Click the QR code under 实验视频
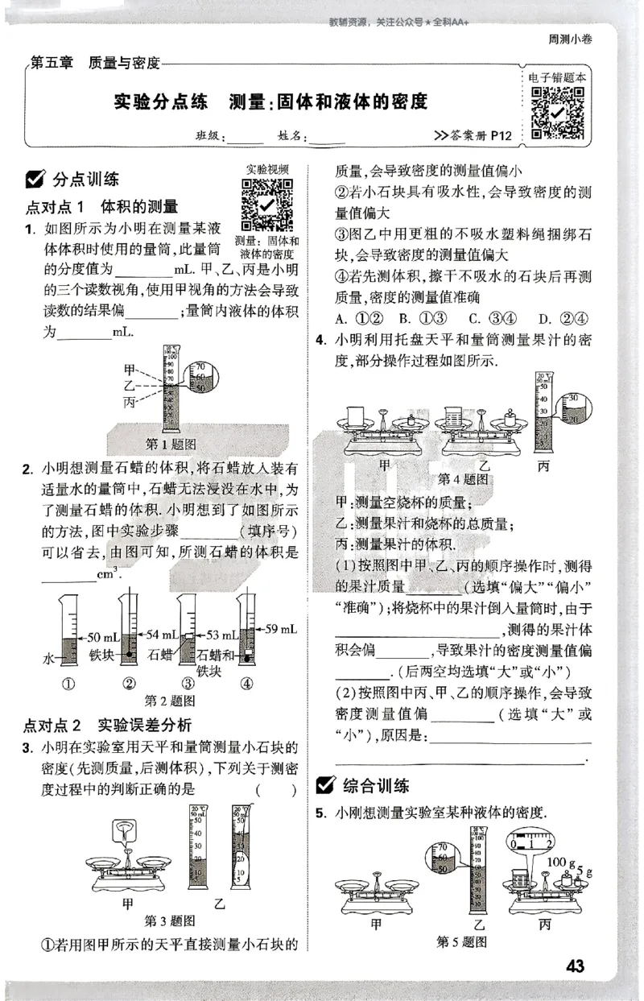pyautogui.click(x=267, y=205)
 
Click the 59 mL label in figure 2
pyautogui.click(x=281, y=628)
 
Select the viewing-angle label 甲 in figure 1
pyautogui.click(x=129, y=370)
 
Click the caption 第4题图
pyautogui.click(x=463, y=478)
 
